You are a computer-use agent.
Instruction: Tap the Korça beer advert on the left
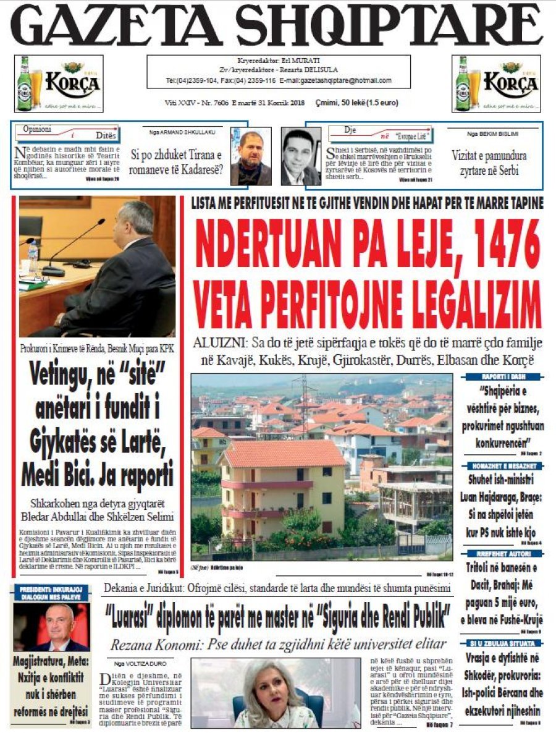pyautogui.click(x=59, y=83)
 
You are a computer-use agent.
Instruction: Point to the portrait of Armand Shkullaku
pyautogui.click(x=251, y=156)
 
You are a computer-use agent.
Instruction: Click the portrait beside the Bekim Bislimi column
pyautogui.click(x=301, y=156)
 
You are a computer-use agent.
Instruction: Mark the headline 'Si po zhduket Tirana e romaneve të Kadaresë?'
pyautogui.click(x=175, y=161)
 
